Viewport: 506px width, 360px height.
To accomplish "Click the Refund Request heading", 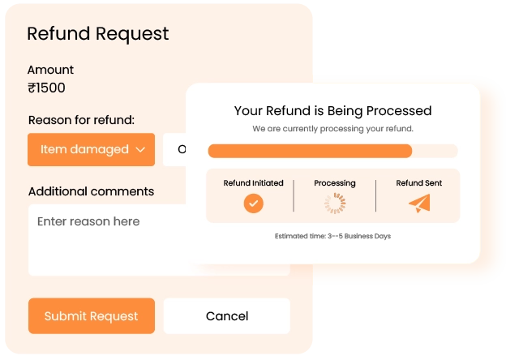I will coord(98,34).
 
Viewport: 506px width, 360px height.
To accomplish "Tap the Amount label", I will coord(50,70).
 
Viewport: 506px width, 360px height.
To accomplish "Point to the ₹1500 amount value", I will coord(46,88).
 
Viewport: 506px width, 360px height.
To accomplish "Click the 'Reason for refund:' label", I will coord(81,120).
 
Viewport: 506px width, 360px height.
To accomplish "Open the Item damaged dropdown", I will coord(91,149).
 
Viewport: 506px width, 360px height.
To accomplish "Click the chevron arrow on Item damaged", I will coord(140,149).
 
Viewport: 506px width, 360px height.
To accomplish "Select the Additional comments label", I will coord(91,191).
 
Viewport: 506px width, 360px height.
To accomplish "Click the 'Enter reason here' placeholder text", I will coord(88,221).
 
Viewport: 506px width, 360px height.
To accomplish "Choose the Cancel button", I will coord(226,316).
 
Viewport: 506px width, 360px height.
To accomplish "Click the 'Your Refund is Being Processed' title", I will coord(332,110).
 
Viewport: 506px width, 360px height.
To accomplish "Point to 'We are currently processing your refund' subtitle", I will coord(332,129).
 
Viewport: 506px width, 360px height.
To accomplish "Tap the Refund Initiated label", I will coord(254,183).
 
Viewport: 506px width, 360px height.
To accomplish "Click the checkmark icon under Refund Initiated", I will coord(254,204).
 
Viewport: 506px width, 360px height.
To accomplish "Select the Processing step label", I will coord(334,183).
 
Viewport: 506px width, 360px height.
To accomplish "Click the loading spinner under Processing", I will coord(334,204).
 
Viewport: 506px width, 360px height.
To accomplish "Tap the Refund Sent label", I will coord(419,183).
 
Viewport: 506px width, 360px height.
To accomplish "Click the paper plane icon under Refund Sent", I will coord(419,204).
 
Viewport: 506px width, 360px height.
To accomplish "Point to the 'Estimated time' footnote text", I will coord(332,237).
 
